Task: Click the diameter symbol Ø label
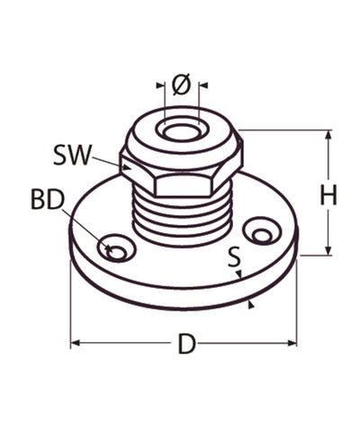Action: pos(180,85)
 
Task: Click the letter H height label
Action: pos(328,195)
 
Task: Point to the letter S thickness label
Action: pos(234,257)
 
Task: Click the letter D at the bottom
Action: pos(186,344)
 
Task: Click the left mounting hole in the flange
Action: pos(115,247)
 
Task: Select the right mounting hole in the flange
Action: pos(260,235)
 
